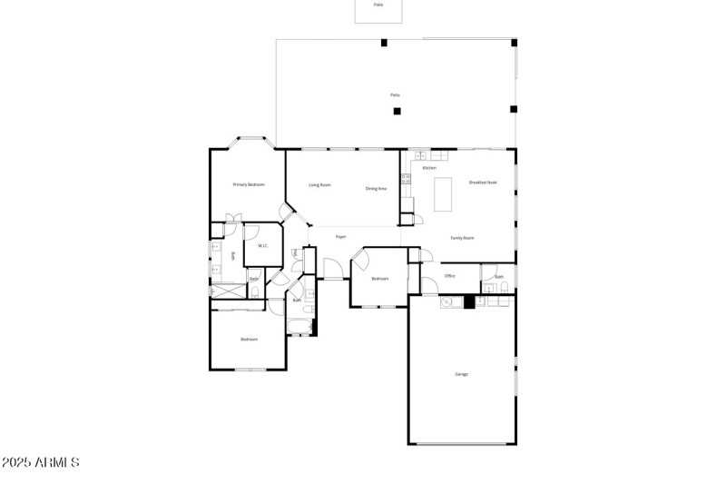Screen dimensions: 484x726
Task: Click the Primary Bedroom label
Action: [249, 184]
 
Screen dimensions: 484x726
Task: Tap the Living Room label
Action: [319, 185]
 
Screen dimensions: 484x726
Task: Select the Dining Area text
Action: [377, 189]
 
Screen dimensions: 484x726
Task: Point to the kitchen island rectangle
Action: [445, 193]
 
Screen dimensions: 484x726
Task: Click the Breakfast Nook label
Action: [483, 183]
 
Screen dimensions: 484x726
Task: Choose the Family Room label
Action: [463, 238]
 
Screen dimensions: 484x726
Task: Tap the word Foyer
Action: [341, 237]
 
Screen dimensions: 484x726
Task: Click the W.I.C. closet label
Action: [262, 246]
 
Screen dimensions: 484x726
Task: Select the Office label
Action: [449, 275]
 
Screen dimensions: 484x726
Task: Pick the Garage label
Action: [461, 373]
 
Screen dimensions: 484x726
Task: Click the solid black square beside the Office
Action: [469, 302]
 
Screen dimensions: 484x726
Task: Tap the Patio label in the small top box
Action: [378, 5]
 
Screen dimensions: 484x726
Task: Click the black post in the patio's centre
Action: [397, 111]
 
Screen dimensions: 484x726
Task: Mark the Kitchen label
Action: [429, 168]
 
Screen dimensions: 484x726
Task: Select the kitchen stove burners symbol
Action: [406, 179]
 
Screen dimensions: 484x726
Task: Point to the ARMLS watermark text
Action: [40, 463]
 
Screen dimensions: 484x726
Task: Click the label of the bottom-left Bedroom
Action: [250, 340]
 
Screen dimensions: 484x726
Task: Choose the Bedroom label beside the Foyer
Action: [380, 279]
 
